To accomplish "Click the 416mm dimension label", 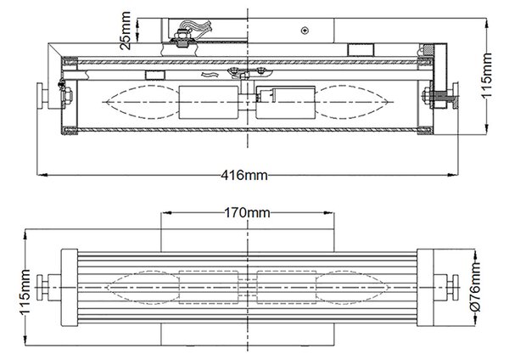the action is pos(244,176).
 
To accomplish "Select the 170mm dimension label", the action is pos(247,213).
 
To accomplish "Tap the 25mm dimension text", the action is pos(126,31).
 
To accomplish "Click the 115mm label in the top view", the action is pos(487,75).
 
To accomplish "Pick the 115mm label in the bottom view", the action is pos(25,292).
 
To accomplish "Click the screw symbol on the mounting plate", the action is pos(305,31).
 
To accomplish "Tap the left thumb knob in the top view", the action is pos(42,96).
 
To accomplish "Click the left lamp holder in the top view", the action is pos(208,103).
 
